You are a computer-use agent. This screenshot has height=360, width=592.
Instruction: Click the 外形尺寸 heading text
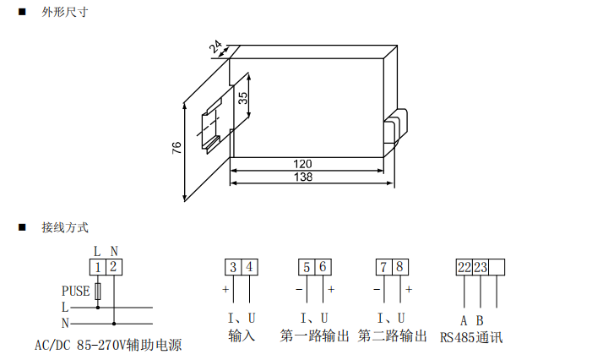pos(64,14)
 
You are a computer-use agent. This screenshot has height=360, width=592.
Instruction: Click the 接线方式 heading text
pos(64,227)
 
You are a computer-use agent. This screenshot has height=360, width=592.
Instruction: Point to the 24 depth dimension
pos(215,47)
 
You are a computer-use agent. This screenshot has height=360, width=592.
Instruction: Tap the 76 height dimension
pos(177,147)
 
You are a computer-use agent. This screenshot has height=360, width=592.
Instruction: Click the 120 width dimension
pos(302,163)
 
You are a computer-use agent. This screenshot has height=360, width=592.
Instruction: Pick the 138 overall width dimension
pos(302,177)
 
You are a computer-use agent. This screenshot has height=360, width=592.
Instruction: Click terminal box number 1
pos(98,268)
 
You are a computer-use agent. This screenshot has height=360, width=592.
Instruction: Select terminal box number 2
pos(114,268)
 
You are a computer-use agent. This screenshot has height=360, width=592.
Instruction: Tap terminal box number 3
pos(233,268)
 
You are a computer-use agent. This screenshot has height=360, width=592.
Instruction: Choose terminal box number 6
pos(323,268)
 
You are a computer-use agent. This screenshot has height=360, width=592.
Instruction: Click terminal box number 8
pos(400,268)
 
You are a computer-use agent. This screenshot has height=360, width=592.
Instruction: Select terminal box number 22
pos(464,268)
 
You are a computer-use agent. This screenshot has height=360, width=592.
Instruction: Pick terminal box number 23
pos(481,268)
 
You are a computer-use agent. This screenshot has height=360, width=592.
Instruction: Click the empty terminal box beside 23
pos(497,268)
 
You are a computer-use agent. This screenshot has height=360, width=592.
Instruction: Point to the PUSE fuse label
pos(75,291)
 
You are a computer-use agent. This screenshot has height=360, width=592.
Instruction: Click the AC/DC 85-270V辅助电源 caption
pos(108,345)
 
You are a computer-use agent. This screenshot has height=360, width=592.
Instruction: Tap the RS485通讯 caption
pos(471,337)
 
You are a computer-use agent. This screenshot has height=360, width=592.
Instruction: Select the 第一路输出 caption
pos(315,336)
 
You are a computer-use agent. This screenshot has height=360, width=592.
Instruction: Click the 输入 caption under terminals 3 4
pos(242,336)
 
